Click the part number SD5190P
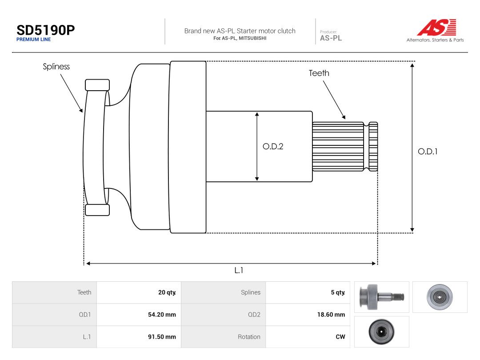46,30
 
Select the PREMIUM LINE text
34,40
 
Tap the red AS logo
436,27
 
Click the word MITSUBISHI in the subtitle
252,38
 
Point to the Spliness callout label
56,67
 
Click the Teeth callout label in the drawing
319,73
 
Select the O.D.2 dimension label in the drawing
273,146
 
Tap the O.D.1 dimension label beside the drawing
428,152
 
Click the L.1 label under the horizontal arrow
239,270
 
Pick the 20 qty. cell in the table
167,292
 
